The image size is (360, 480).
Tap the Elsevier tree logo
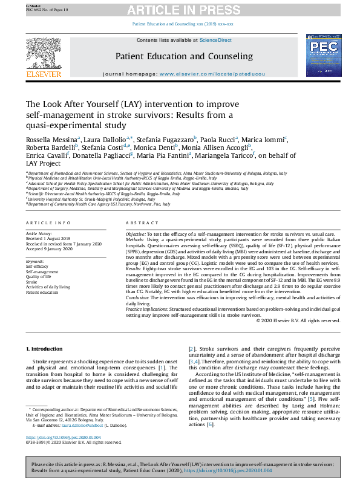pos(44,57)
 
